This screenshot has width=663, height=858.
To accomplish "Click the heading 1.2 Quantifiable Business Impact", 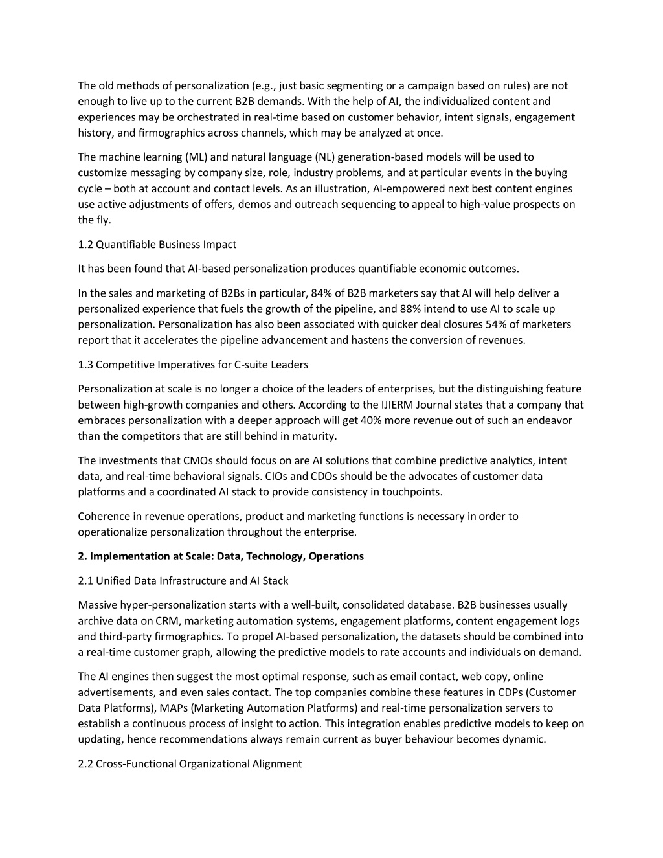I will pos(157,244).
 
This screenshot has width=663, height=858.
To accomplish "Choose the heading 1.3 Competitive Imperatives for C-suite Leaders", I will pos(193,365).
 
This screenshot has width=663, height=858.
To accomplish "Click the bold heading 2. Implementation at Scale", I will pos(221,556).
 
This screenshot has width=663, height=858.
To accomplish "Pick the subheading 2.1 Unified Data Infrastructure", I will pos(183,581).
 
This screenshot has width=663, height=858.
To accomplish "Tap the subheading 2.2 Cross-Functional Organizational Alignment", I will pos(190,764).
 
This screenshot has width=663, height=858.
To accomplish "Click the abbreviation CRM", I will pos(167,621).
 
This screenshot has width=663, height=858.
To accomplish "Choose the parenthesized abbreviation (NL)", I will pos(326,157).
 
